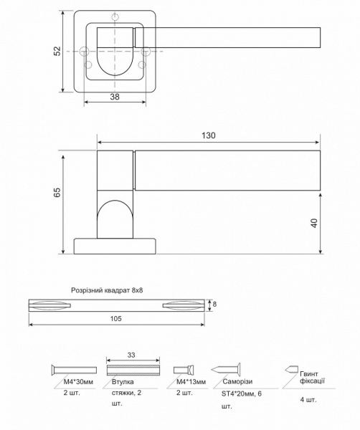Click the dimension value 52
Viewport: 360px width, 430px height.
(x=57, y=52)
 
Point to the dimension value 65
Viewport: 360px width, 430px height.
(x=57, y=192)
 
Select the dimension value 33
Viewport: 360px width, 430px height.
(x=131, y=355)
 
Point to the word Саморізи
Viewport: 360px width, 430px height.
(x=235, y=383)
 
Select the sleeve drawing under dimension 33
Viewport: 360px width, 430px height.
(x=131, y=369)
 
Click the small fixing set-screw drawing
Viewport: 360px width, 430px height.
(x=290, y=369)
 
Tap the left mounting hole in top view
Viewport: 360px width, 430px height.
(x=85, y=52)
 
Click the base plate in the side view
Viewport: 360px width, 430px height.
(x=115, y=245)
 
